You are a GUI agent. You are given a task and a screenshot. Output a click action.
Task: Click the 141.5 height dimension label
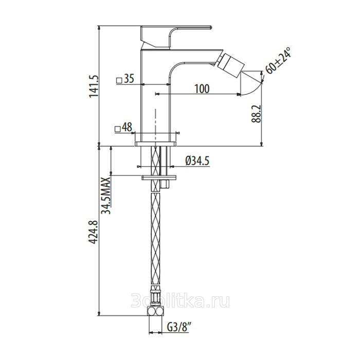pos(94,86)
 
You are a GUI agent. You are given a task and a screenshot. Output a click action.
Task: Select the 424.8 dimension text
pos(94,232)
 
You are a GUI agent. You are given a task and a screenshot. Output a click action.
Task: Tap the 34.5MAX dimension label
pos(106,195)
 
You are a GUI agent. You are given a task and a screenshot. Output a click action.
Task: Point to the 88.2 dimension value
pos(256,114)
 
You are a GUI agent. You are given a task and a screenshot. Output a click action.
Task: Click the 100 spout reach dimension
pos(202,88)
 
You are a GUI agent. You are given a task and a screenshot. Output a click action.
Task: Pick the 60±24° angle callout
pos(278,61)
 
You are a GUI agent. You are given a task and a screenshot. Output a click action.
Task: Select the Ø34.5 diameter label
pos(197,161)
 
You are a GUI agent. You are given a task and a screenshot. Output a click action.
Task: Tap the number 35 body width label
pos(129,79)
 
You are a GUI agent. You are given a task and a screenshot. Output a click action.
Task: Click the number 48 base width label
pos(127,127)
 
